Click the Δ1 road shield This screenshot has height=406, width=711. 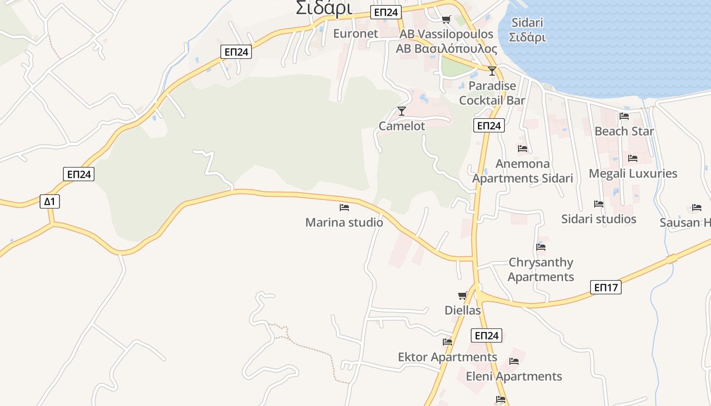[49, 201]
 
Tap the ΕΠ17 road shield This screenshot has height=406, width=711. [606, 287]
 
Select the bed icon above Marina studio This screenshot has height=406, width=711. [344, 207]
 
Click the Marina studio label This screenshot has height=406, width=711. [344, 222]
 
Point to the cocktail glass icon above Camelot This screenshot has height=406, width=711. [402, 111]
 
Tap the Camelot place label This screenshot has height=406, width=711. [402, 126]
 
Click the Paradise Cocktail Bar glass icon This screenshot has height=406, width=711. [492, 71]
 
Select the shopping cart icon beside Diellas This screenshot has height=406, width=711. [462, 295]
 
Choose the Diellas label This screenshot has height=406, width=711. [463, 310]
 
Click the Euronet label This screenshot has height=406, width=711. [355, 33]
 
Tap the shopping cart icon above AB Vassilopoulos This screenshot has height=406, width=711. [446, 19]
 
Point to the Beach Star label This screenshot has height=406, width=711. [624, 131]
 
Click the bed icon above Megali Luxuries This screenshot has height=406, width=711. [632, 158]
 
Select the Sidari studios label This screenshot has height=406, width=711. [599, 219]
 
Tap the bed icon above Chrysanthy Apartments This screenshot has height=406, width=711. [541, 247]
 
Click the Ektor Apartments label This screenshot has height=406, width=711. [447, 357]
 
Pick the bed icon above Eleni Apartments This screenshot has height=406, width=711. [514, 361]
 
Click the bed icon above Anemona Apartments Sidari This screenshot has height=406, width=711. [523, 149]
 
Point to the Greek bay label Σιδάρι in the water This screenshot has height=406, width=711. [528, 38]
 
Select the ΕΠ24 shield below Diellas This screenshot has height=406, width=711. [486, 335]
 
